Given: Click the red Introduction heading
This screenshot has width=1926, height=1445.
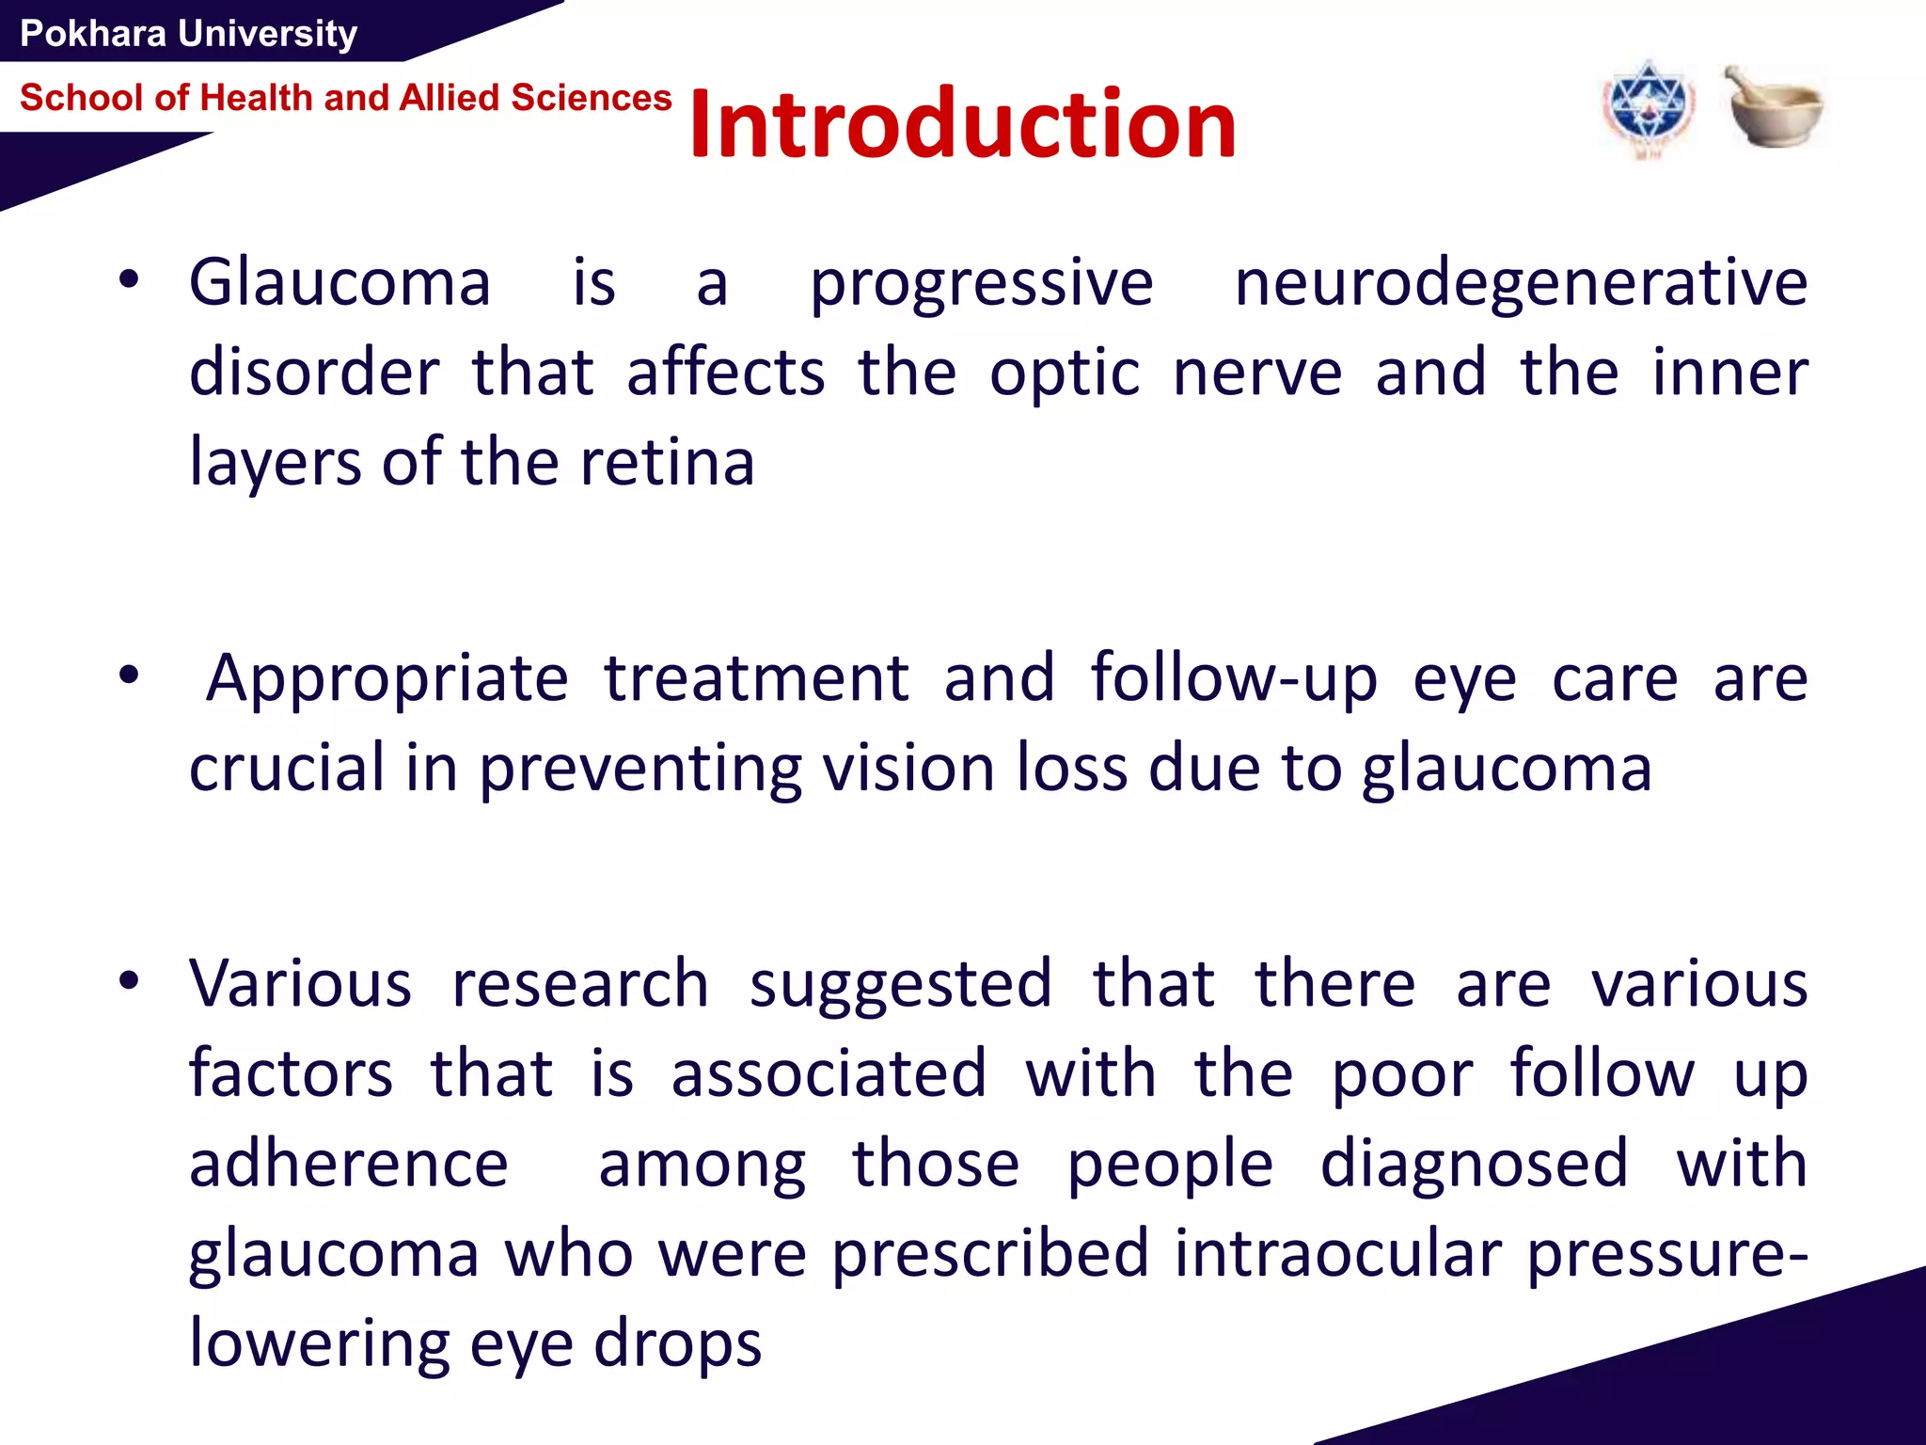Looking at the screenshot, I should (961, 124).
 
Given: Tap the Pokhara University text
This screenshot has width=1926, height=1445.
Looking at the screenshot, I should (188, 34).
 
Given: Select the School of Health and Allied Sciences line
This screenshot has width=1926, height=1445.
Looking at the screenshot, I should (345, 98).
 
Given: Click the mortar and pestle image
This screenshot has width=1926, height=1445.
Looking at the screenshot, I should (1773, 106).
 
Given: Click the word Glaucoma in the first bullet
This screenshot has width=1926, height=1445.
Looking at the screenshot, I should (339, 283).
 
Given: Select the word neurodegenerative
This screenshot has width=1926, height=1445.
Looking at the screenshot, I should (1520, 283).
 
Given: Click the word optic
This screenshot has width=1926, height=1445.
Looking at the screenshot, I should (1065, 373).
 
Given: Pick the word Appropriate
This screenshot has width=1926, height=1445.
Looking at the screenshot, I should (387, 679).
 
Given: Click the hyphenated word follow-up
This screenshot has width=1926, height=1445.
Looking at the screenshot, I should (1233, 679).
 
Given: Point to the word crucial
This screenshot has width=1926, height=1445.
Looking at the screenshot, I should (287, 769).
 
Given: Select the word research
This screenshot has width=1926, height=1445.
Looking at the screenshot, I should (580, 984).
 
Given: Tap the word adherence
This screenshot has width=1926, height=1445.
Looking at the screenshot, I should (348, 1164).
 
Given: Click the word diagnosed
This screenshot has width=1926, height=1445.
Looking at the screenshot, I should (1474, 1164).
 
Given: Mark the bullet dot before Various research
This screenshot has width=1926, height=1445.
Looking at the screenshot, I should (129, 981).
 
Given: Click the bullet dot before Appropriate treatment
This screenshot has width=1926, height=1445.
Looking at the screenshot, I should (129, 675).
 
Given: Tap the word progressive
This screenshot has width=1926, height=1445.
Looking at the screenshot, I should (981, 283).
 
